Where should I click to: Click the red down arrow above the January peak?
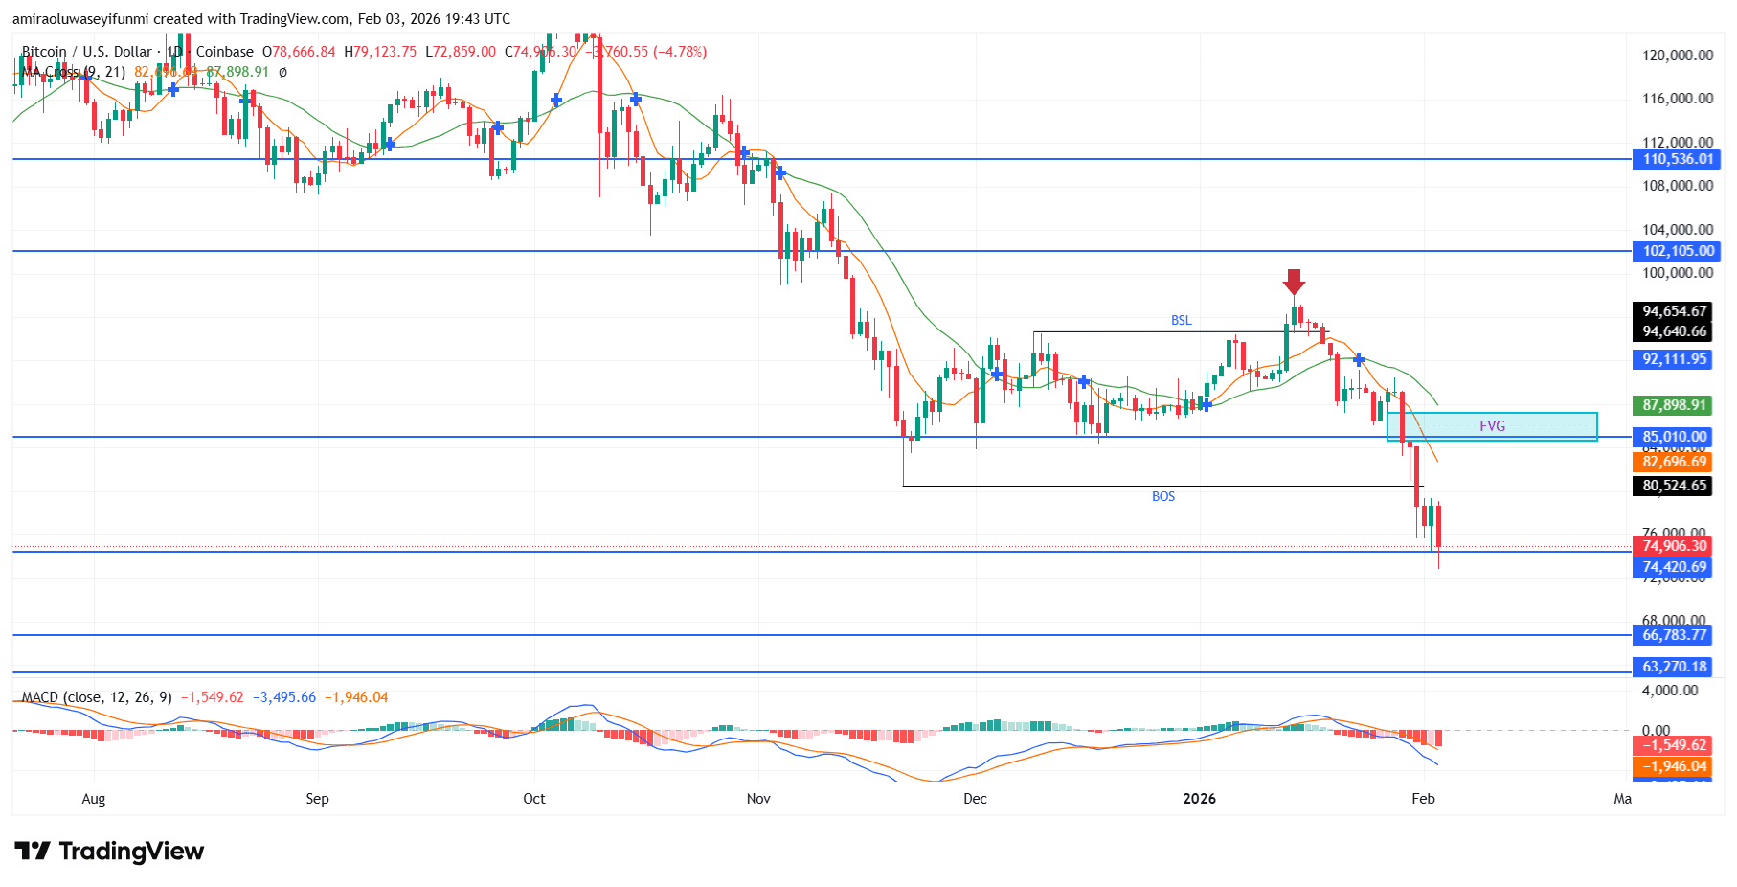[1294, 282]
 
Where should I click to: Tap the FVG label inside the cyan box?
[1492, 426]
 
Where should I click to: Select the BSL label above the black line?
[1182, 320]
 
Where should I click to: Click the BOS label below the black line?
[1163, 496]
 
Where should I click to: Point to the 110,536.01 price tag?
[1677, 159]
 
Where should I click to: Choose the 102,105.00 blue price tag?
[1677, 251]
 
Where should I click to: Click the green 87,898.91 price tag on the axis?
[1675, 405]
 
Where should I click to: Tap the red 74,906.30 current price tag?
[1675, 546]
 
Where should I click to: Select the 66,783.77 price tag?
[1675, 635]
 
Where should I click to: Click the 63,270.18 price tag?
[1675, 667]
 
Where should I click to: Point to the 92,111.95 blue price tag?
[1675, 359]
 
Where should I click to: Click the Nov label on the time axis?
[758, 799]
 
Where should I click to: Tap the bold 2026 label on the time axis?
[1199, 799]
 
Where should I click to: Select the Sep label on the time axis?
[317, 799]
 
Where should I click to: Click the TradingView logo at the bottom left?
[110, 852]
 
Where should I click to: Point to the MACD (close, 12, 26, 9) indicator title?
[97, 697]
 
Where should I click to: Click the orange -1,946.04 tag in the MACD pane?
[1675, 766]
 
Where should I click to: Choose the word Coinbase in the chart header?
[225, 52]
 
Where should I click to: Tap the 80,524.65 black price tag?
[1675, 486]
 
